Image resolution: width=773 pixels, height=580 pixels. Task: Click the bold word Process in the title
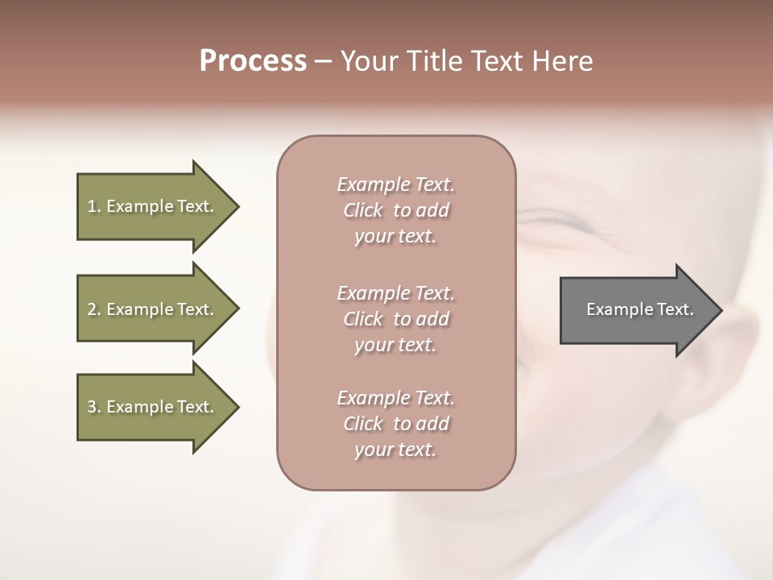[253, 61]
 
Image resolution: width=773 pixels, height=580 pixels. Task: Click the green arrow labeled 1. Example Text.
[153, 206]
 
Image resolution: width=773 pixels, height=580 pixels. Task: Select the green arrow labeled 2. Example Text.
[153, 309]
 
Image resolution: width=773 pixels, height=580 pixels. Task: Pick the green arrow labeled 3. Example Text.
[153, 407]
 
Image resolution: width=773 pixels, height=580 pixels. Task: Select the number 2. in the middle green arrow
[94, 309]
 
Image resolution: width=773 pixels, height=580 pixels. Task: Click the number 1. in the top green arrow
[94, 206]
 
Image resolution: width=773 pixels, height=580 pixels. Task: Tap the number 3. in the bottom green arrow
[94, 407]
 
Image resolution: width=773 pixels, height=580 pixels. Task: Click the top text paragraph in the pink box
[395, 210]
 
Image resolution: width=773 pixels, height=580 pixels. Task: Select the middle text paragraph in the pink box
[395, 318]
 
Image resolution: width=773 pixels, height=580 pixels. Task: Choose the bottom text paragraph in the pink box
[395, 424]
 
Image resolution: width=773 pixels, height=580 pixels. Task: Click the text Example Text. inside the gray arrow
[639, 309]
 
